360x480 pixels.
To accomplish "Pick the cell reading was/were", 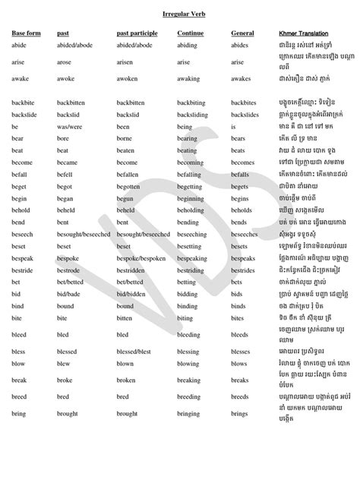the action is click(x=71, y=128).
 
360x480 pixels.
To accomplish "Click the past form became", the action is click(x=67, y=163).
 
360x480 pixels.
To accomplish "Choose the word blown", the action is click(x=125, y=363).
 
